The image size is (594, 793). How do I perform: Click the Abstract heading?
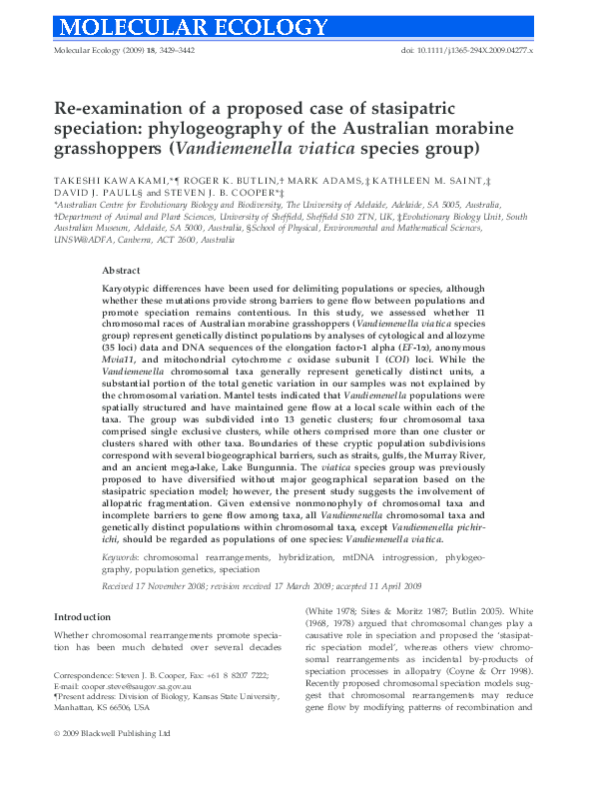[124, 271]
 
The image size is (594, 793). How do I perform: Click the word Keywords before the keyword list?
[122, 555]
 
